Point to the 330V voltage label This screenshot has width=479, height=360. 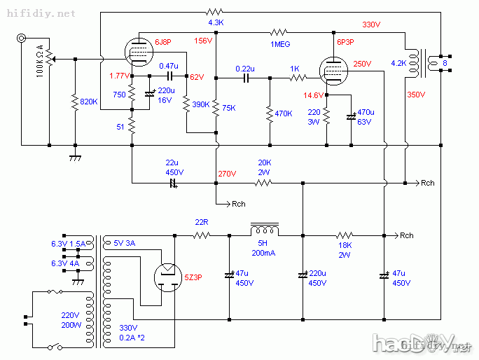[371, 25]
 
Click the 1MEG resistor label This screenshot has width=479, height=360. [280, 43]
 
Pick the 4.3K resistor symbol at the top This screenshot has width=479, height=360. [215, 12]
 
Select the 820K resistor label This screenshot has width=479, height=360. [89, 102]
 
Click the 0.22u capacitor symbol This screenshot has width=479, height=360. [245, 78]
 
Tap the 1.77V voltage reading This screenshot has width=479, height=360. [120, 75]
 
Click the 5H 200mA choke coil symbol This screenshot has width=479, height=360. [265, 230]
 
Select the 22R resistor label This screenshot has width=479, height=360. [202, 223]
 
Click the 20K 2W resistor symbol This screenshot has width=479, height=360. [264, 183]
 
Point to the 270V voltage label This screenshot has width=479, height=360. [227, 173]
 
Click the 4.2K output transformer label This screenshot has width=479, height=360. [398, 63]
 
